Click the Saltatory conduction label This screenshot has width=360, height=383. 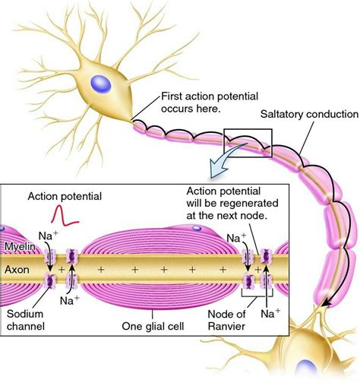[309, 114]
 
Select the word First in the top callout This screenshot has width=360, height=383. [174, 97]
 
